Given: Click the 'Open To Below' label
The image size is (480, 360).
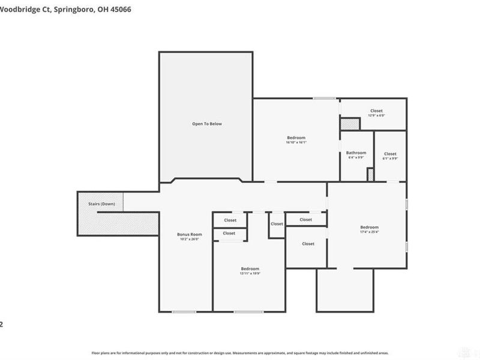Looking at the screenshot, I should [x=207, y=124].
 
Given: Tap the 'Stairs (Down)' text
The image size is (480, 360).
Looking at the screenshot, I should [x=101, y=204].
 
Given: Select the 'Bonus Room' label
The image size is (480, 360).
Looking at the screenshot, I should [x=189, y=234].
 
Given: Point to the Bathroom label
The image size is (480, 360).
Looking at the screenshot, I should [x=356, y=152].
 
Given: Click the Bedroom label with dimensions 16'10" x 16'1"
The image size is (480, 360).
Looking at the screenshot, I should [x=296, y=138].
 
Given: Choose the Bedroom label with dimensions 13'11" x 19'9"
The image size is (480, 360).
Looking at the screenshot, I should [x=250, y=268].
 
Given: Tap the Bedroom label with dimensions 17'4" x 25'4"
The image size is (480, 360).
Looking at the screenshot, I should [x=369, y=227].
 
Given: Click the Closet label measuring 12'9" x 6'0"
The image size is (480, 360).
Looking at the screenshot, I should [x=376, y=111].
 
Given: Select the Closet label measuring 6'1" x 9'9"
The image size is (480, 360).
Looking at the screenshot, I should [x=390, y=154].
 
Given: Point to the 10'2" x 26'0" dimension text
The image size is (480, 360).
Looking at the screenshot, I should [x=189, y=239].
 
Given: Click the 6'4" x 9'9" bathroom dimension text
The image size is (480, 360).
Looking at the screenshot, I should [x=356, y=158].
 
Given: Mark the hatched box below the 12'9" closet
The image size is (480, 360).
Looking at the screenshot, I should [x=349, y=124].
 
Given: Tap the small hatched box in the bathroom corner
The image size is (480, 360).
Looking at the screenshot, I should [x=370, y=174].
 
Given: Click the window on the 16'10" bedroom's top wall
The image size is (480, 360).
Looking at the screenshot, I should [x=324, y=98].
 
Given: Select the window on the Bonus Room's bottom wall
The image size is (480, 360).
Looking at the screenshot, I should [x=184, y=311].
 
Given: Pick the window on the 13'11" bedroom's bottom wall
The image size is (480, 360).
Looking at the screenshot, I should [x=244, y=311].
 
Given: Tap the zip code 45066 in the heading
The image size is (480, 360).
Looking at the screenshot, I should [x=120, y=10].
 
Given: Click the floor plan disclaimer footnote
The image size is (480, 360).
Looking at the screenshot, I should [x=240, y=353].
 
